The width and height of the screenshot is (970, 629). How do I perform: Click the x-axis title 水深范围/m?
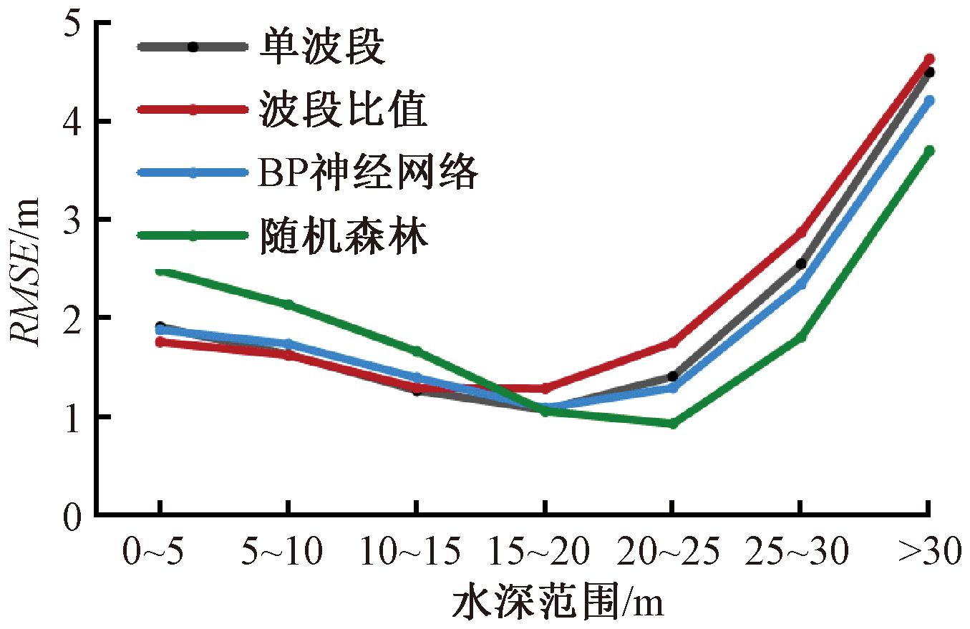pos(558,605)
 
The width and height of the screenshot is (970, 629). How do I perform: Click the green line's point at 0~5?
pos(160,271)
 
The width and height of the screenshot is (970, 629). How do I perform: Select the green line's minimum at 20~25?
pos(672,424)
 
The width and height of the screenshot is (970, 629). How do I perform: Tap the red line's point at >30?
pos(929,59)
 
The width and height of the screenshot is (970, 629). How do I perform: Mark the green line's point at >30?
pos(929,150)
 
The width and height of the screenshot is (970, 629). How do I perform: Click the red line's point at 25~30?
pos(801,232)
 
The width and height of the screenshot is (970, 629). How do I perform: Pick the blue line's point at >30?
pos(929,101)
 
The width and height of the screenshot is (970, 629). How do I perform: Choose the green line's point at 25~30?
pos(801,336)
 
